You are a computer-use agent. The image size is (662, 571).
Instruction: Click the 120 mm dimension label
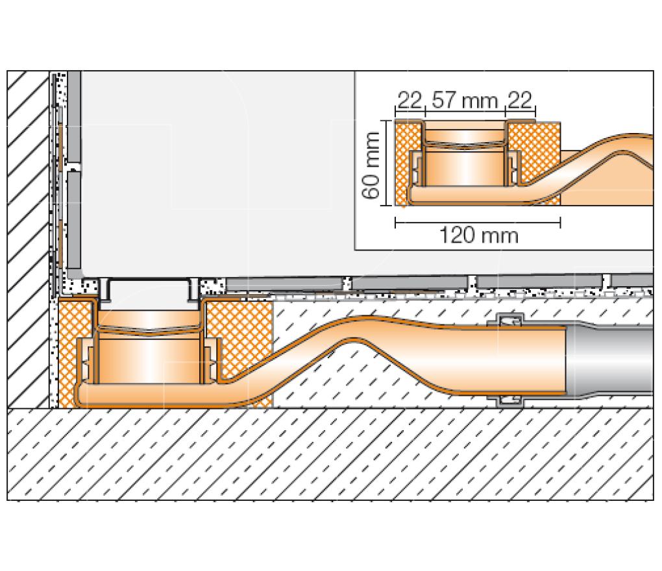coord(479,236)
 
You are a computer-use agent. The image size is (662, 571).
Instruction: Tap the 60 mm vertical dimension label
coord(371,165)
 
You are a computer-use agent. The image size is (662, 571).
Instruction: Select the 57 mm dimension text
coord(465,101)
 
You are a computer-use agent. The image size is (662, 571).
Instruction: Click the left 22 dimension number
coord(410,101)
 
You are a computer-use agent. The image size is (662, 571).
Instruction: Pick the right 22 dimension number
coord(519,101)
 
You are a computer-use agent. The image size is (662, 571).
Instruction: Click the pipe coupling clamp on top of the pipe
coord(506,320)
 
